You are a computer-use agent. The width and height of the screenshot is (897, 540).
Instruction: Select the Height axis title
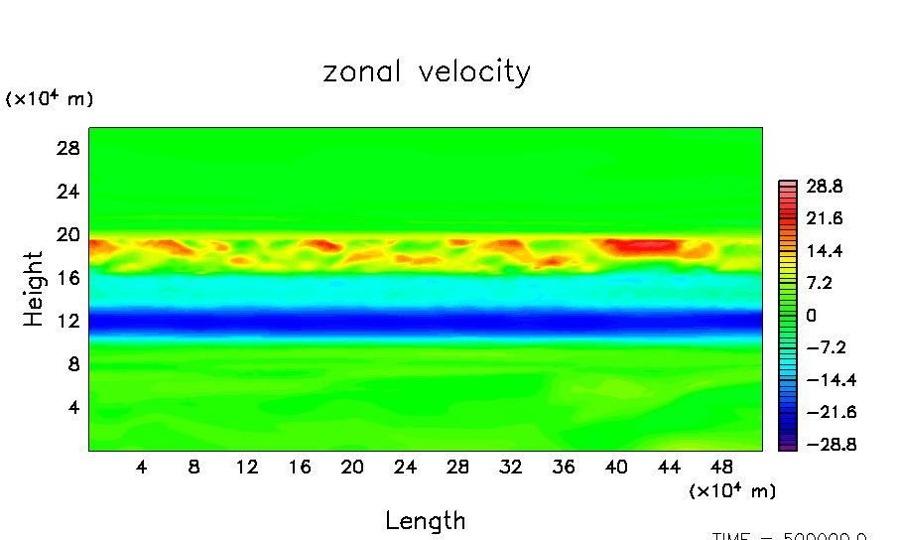[x=34, y=289]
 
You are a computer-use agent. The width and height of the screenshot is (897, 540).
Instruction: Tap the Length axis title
[x=425, y=520]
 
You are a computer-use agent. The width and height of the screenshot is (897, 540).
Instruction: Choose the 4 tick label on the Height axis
[x=72, y=407]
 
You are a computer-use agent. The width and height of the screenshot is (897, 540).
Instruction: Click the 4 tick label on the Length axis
[x=142, y=467]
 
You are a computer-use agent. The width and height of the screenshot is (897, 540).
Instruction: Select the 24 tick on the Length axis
[x=404, y=467]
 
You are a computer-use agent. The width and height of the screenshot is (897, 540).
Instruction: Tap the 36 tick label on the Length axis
[x=563, y=467]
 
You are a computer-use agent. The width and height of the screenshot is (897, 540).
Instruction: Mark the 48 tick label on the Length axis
[x=721, y=467]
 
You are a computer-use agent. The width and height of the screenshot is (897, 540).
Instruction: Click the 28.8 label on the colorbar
[x=824, y=186]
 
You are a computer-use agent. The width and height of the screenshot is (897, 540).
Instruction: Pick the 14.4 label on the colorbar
[x=824, y=251]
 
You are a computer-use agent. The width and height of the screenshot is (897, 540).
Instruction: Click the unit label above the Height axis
[x=50, y=99]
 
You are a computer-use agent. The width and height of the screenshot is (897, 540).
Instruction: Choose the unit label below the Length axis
[x=732, y=490]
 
